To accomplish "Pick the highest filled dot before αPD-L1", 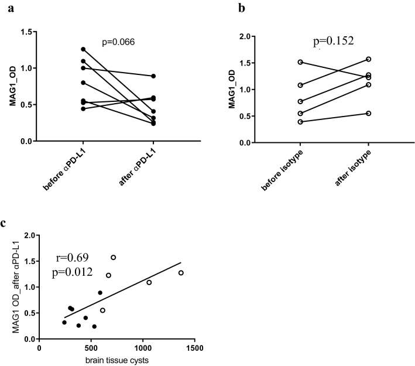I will (x=83, y=49).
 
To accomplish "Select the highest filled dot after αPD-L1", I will (x=153, y=76).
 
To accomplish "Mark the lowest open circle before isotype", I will (x=300, y=122).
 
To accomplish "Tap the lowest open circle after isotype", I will (x=368, y=113).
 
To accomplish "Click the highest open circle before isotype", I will (x=300, y=62).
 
